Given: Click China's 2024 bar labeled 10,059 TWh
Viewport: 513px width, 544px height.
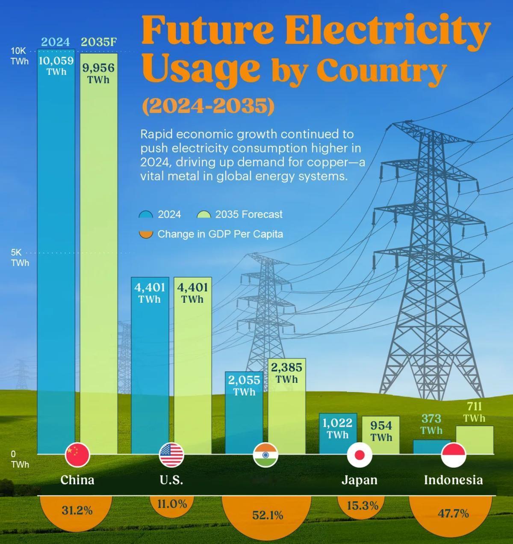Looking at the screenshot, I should [x=56, y=257].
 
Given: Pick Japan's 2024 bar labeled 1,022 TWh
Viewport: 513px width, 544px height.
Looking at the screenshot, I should [x=338, y=436].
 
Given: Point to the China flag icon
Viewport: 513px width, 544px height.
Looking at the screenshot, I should [x=77, y=455].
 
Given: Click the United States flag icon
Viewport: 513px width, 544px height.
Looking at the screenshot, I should [x=171, y=455].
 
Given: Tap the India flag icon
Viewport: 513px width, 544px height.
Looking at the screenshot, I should [x=265, y=455].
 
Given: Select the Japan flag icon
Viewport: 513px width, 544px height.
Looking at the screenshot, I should [x=360, y=455].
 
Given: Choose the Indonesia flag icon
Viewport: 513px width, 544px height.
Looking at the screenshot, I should [x=453, y=455].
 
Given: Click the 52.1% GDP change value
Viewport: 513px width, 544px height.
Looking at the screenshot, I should [x=268, y=515].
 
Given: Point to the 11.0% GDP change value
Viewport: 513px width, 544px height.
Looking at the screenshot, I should [x=172, y=504].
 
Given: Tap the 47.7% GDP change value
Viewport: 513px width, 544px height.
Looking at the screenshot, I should [x=453, y=513].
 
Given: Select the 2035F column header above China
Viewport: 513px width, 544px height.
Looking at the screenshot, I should [x=99, y=42].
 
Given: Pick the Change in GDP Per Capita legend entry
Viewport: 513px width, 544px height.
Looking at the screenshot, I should [x=220, y=234].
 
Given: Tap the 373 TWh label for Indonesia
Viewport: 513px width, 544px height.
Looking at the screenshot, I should [x=431, y=424].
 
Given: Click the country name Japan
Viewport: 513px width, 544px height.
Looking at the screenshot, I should [x=360, y=480].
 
